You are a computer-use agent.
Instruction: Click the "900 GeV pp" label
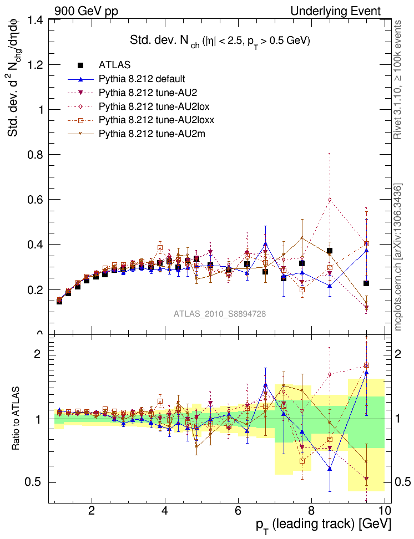[x=86, y=11]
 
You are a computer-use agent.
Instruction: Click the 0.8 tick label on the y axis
[x=35, y=155]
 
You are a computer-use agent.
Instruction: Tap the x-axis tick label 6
[x=238, y=511]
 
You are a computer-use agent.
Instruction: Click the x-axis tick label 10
[x=384, y=511]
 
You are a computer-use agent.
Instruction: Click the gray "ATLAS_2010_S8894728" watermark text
[x=220, y=314]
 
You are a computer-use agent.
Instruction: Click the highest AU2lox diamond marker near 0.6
[x=330, y=200]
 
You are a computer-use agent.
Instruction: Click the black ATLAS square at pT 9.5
[x=366, y=283]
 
